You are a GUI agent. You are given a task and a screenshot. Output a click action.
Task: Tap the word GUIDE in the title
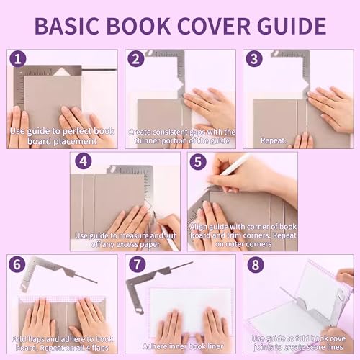298,25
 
